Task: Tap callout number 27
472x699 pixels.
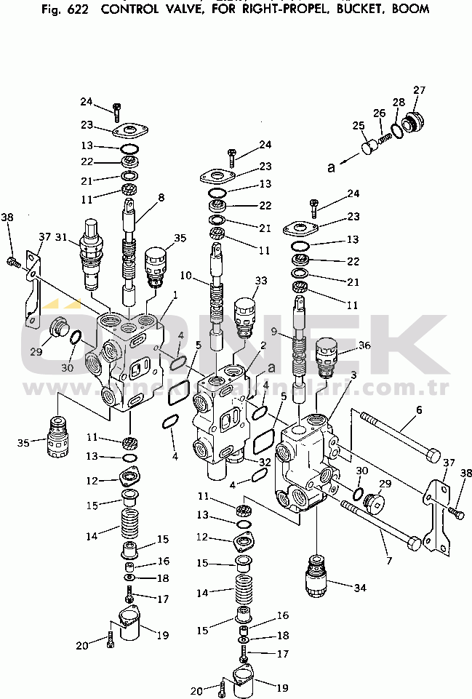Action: pyautogui.click(x=419, y=90)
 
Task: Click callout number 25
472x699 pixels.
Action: pyautogui.click(x=358, y=126)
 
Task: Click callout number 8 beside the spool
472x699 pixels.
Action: pyautogui.click(x=161, y=196)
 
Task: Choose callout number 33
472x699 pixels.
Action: pyautogui.click(x=260, y=280)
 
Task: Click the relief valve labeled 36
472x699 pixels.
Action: pyautogui.click(x=329, y=356)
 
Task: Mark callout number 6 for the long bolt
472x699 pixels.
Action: pyautogui.click(x=419, y=410)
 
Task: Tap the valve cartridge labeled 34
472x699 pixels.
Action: pyautogui.click(x=316, y=576)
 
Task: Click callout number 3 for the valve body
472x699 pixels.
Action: pyautogui.click(x=353, y=375)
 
